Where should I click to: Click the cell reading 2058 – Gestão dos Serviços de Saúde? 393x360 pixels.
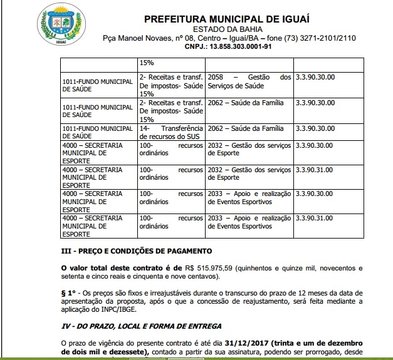(249, 81)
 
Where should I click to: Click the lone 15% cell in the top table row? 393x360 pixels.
(145, 63)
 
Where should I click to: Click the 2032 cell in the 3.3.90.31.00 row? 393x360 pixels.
(249, 173)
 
